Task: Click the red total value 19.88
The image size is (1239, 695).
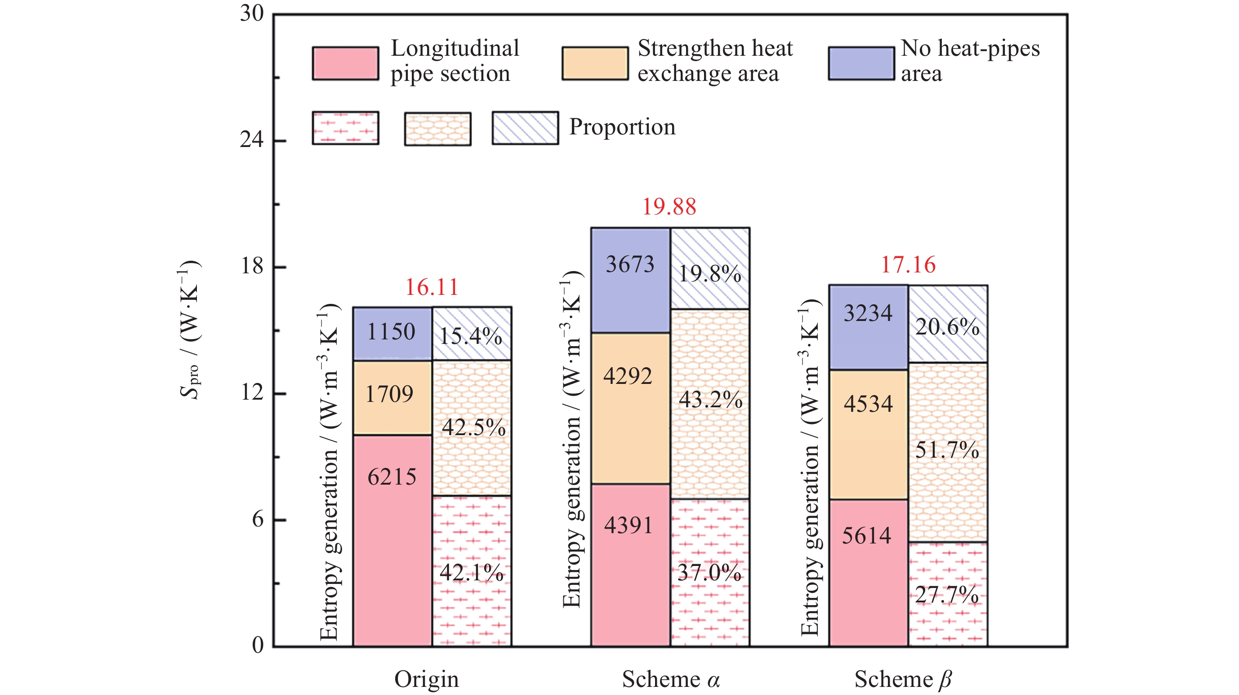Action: pyautogui.click(x=669, y=207)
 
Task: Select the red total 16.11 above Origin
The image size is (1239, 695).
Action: pyautogui.click(x=432, y=287)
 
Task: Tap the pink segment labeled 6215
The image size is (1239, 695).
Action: pyautogui.click(x=392, y=539)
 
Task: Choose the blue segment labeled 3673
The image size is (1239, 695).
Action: pyautogui.click(x=630, y=281)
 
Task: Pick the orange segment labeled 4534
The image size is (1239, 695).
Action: pyautogui.click(x=868, y=434)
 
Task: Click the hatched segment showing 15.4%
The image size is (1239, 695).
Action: pyautogui.click(x=471, y=334)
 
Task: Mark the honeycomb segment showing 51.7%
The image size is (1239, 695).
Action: pyautogui.click(x=948, y=452)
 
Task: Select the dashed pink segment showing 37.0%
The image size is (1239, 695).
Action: pyautogui.click(x=710, y=572)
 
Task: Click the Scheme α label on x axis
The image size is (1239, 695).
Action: pyautogui.click(x=670, y=679)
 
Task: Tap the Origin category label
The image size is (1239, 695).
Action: pyautogui.click(x=427, y=679)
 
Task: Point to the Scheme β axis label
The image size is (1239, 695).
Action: pyautogui.click(x=903, y=679)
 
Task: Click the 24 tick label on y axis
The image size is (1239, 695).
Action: pyautogui.click(x=252, y=140)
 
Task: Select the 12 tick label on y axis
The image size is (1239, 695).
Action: pyautogui.click(x=252, y=392)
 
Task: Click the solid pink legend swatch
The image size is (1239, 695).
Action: pyautogui.click(x=345, y=63)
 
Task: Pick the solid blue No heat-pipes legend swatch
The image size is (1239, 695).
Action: pyautogui.click(x=861, y=63)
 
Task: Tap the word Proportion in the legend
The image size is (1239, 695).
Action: pyautogui.click(x=622, y=127)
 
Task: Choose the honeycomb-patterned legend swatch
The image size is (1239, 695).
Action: pyautogui.click(x=437, y=129)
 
